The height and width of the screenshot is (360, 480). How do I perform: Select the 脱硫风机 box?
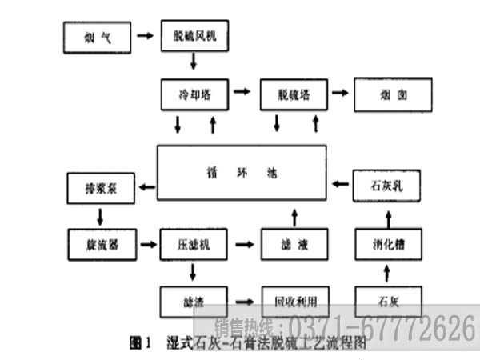194,36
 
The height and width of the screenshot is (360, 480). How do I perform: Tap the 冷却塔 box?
194,94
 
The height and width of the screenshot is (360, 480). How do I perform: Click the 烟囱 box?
392,94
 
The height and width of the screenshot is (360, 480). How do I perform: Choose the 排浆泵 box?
100,188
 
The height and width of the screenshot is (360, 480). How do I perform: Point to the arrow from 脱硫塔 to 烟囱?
339,94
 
